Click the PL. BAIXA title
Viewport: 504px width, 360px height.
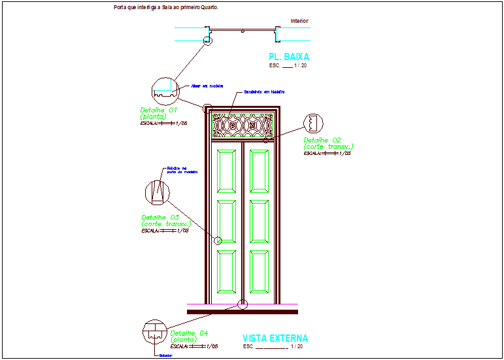click(x=289, y=57)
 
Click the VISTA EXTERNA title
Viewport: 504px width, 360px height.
click(x=275, y=338)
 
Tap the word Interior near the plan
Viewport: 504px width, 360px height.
click(x=299, y=21)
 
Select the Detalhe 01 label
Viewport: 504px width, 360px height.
click(x=159, y=113)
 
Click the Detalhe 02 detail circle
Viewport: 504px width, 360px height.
click(x=315, y=123)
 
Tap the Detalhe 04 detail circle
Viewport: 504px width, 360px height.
click(x=154, y=332)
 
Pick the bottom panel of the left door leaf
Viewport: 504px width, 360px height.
click(x=228, y=271)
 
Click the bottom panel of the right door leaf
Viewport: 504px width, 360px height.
click(x=258, y=271)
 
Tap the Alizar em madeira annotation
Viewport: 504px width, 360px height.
click(x=207, y=86)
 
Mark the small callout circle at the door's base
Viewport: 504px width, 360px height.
click(x=243, y=304)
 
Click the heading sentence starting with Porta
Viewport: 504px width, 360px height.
click(x=165, y=8)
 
